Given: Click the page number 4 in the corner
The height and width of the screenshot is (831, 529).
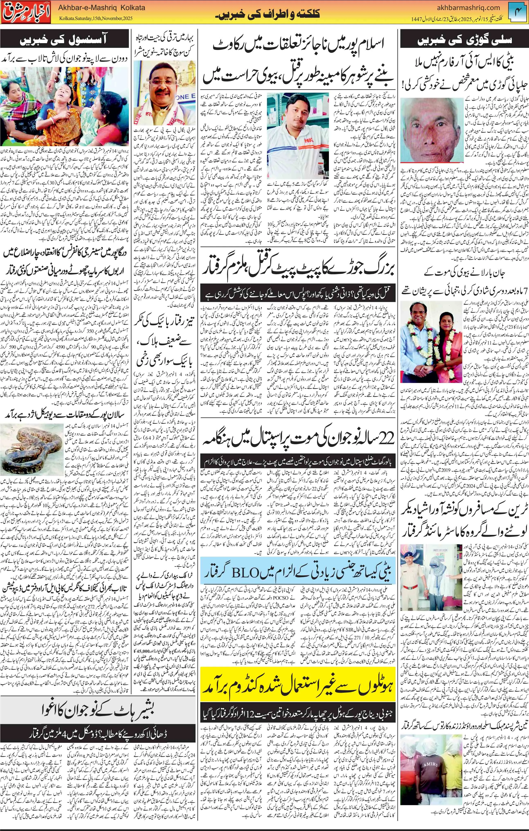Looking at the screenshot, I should (520, 13).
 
